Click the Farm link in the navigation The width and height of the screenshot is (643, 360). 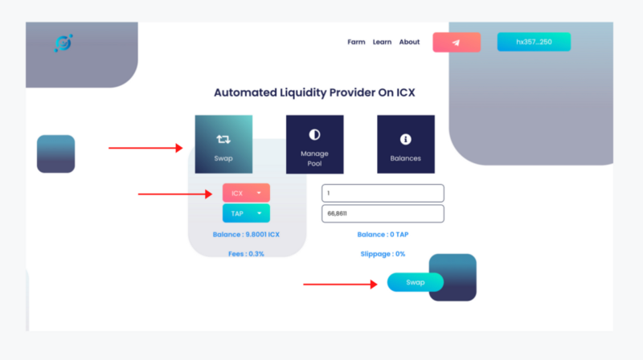click(356, 42)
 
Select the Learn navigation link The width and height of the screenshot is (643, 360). click(382, 42)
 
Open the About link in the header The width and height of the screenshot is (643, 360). click(409, 42)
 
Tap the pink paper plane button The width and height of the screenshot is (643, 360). click(457, 43)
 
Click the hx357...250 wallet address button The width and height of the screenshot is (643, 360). click(534, 42)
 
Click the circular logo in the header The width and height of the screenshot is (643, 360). click(63, 43)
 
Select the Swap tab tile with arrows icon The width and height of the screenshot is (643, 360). click(223, 145)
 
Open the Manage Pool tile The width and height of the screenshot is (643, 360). click(314, 145)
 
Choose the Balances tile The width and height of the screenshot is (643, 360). click(406, 145)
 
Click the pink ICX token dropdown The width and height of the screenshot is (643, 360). click(246, 193)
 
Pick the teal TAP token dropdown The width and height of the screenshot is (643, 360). click(246, 213)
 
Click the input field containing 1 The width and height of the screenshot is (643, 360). click(383, 193)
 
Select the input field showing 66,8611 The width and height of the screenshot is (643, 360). click(383, 214)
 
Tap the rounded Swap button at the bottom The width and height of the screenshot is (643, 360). click(415, 282)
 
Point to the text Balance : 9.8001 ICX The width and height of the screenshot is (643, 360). click(246, 235)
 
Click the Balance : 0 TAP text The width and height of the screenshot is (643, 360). click(383, 235)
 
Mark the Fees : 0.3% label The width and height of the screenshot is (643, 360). click(246, 254)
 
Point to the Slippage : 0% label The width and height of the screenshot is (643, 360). click(383, 254)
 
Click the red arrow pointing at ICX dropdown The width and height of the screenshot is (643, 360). click(175, 194)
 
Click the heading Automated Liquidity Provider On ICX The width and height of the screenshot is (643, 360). click(314, 92)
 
